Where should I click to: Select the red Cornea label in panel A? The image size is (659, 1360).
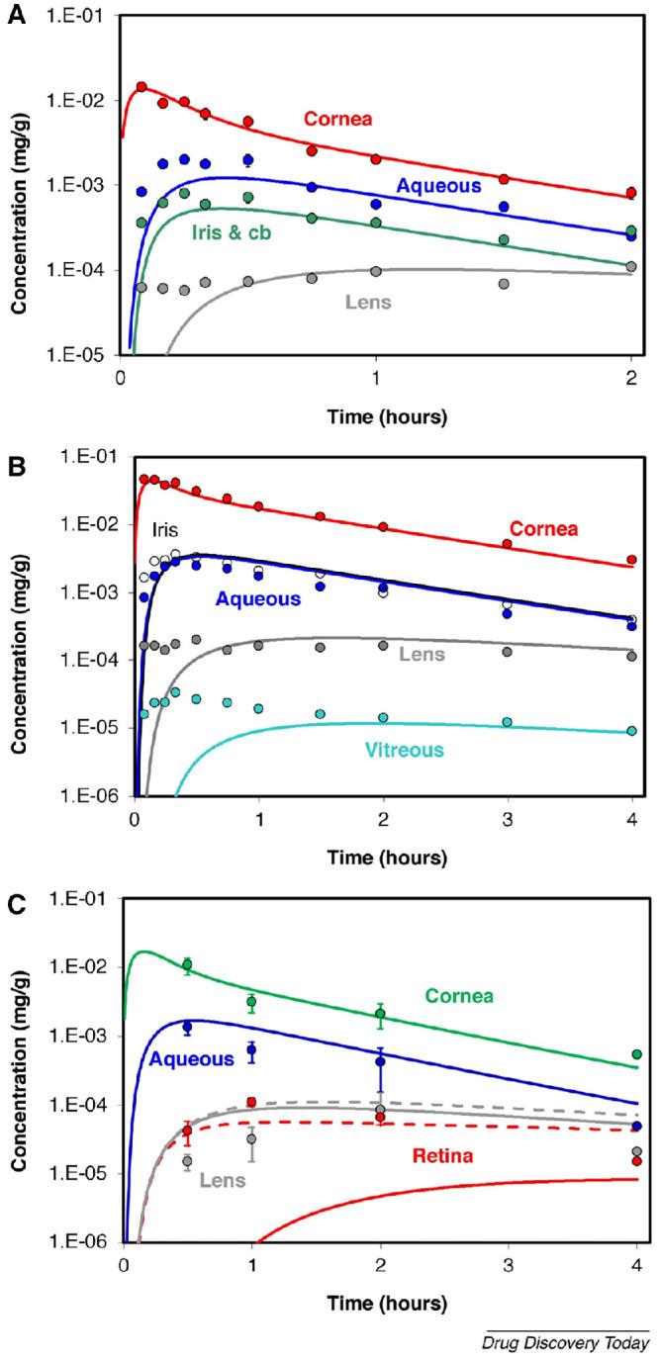point(338,120)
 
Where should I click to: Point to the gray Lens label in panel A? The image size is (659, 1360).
point(368,302)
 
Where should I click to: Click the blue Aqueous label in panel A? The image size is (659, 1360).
point(438,184)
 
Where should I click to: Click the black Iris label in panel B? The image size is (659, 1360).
point(166,529)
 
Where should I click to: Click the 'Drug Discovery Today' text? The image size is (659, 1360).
point(564,1343)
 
